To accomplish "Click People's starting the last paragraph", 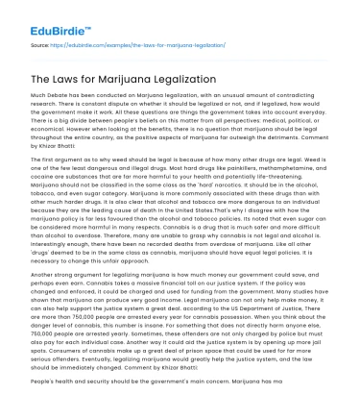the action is [x=45, y=411].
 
